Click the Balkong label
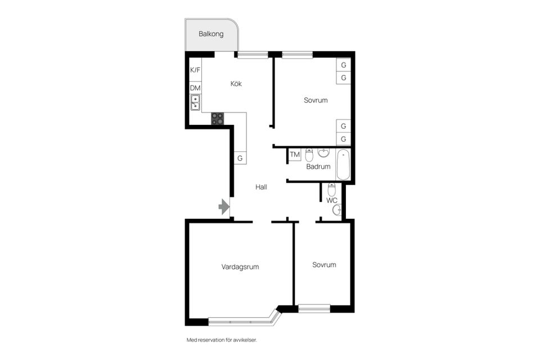pyautogui.click(x=211, y=34)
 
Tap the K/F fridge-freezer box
pyautogui.click(x=195, y=70)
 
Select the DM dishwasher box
pyautogui.click(x=195, y=88)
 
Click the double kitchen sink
pyautogui.click(x=195, y=102)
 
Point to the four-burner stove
pyautogui.click(x=218, y=119)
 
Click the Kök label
pyautogui.click(x=236, y=84)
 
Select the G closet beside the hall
pyautogui.click(x=240, y=157)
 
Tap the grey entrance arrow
pyautogui.click(x=224, y=206)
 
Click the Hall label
pyautogui.click(x=261, y=187)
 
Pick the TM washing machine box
pyautogui.click(x=294, y=155)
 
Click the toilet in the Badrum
pyautogui.click(x=309, y=155)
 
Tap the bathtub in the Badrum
pyautogui.click(x=343, y=165)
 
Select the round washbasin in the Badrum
pyautogui.click(x=323, y=152)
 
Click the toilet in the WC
pyautogui.click(x=331, y=190)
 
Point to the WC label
pyautogui.click(x=332, y=200)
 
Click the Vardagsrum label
pyautogui.click(x=240, y=267)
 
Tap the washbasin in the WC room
pyautogui.click(x=337, y=209)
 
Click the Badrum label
pyautogui.click(x=318, y=166)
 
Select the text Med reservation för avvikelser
pyautogui.click(x=222, y=340)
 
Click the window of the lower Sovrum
pyautogui.click(x=314, y=309)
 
